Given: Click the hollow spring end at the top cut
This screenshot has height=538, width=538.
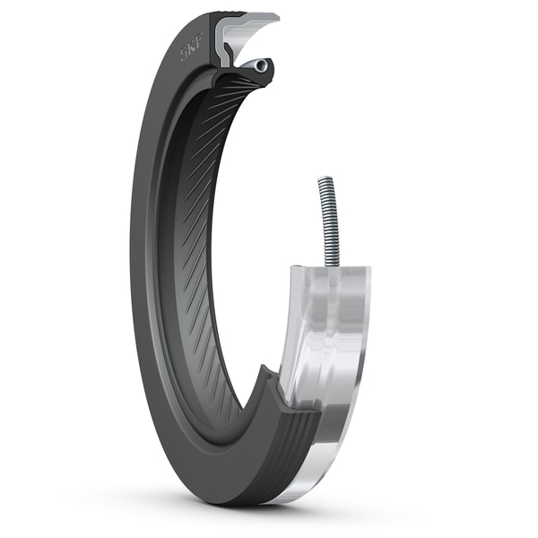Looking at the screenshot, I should point(260,65).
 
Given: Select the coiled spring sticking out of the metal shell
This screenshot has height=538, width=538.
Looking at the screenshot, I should point(327,220).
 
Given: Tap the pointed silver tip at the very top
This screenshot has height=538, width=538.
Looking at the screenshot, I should point(273,16).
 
